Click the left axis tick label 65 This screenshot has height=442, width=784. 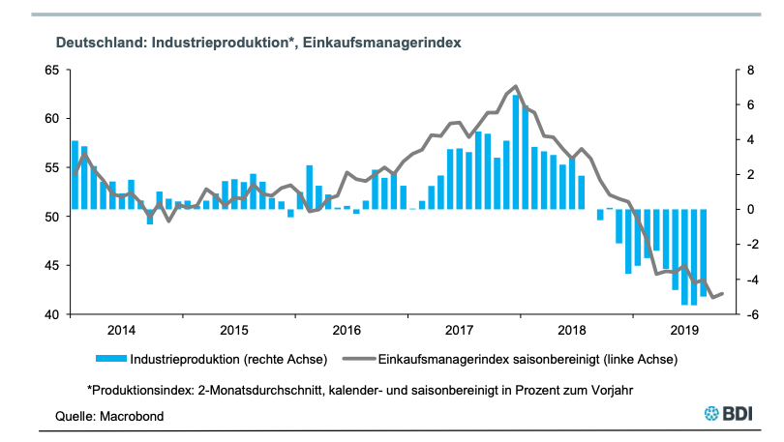[51, 71]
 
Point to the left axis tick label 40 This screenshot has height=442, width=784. [51, 314]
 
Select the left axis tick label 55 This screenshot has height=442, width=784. [51, 168]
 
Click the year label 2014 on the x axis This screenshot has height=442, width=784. [122, 330]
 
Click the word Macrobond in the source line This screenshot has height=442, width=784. [129, 416]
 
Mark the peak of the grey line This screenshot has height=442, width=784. [516, 86]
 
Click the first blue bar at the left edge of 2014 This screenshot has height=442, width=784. [75, 175]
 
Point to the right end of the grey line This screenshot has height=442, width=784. [723, 293]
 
